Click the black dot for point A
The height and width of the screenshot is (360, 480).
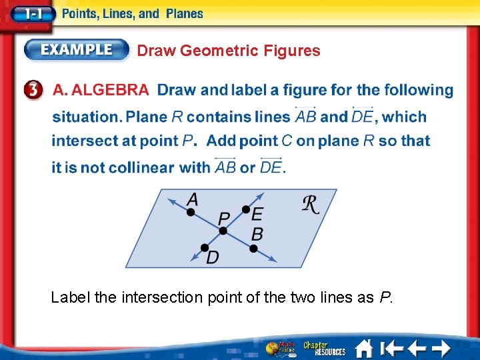[x=191, y=212]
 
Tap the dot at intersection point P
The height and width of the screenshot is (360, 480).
[x=223, y=231]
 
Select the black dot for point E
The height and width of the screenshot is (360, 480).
[x=246, y=210]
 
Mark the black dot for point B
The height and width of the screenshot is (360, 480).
[x=253, y=249]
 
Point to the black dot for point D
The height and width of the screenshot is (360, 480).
[x=205, y=248]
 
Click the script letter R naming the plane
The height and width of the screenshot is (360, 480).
[x=311, y=205]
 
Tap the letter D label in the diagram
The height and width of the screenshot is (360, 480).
[x=213, y=257]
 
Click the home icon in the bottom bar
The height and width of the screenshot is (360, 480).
[x=364, y=348]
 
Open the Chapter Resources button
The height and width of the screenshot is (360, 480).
[x=325, y=348]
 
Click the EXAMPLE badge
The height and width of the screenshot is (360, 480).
[x=77, y=50]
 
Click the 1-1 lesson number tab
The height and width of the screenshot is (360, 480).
[x=27, y=13]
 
